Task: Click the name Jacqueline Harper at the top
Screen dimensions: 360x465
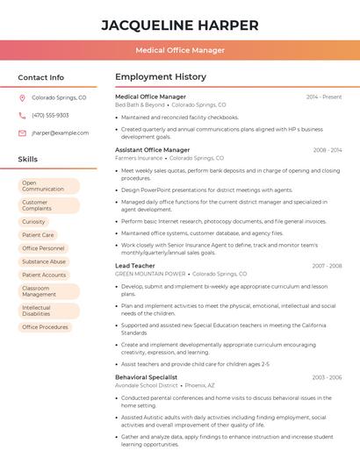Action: tap(180, 25)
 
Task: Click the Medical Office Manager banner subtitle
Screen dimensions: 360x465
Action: tap(180, 51)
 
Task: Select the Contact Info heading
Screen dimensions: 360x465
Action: tap(40, 77)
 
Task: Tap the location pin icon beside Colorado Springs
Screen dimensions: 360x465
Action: tap(22, 98)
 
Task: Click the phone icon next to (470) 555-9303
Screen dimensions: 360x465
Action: tap(22, 115)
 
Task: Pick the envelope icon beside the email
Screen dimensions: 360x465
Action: tap(22, 132)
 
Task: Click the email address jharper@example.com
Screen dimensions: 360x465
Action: tap(60, 132)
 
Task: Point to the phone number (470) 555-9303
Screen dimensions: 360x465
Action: tap(50, 115)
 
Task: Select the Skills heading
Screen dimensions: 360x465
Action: tap(28, 160)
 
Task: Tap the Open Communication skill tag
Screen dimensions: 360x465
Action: tap(48, 186)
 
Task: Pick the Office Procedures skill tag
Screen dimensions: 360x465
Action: tap(47, 327)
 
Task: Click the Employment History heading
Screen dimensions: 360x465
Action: tap(161, 77)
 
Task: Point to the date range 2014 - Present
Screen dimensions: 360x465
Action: tap(323, 97)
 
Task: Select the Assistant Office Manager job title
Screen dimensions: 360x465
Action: tap(153, 150)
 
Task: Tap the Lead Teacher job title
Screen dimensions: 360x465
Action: tap(135, 265)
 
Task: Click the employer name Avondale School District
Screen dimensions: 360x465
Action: tap(146, 385)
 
